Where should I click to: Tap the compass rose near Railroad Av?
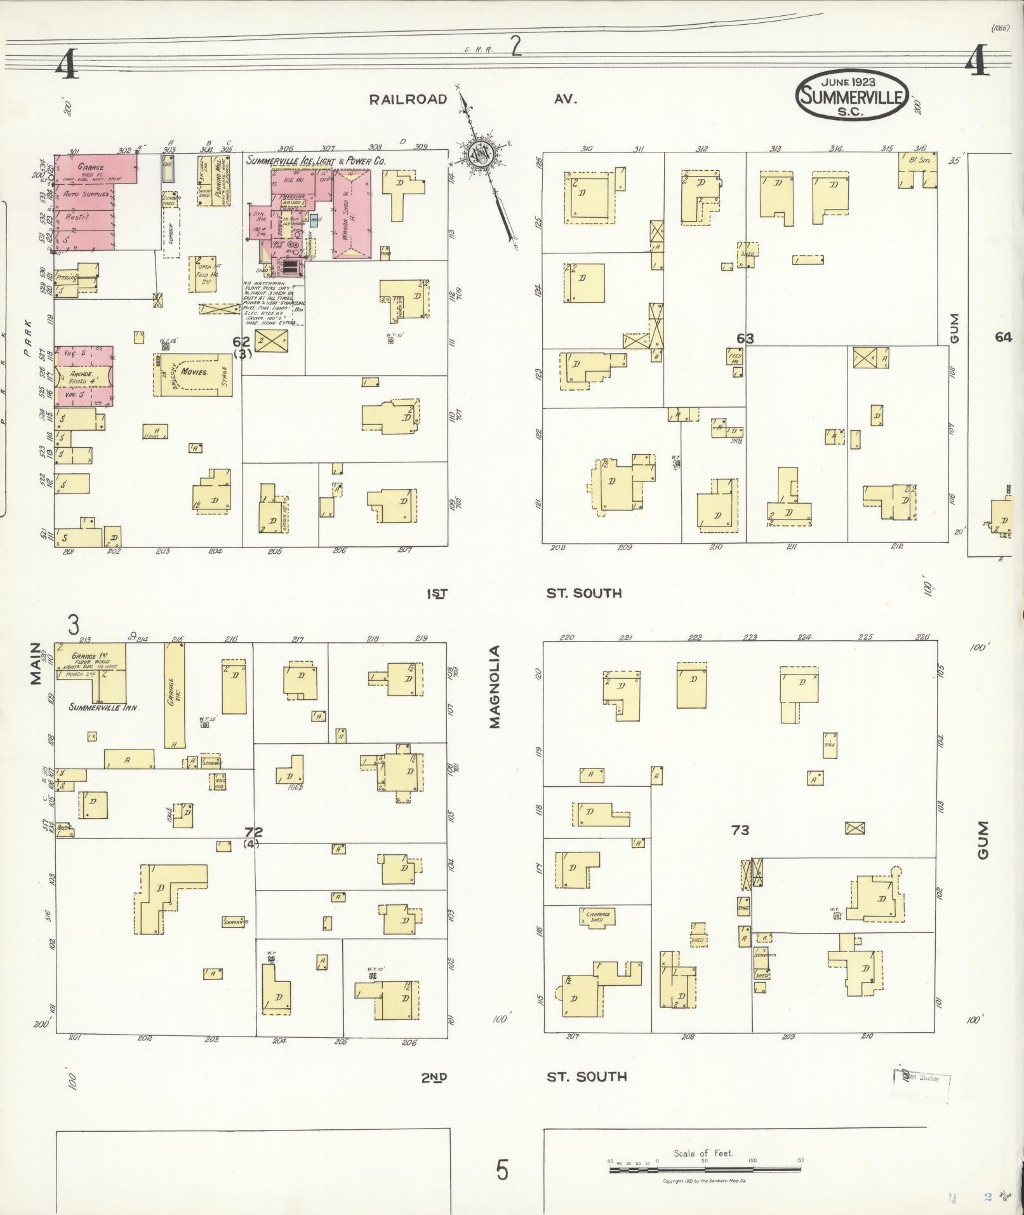[479, 154]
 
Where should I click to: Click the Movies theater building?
[194, 372]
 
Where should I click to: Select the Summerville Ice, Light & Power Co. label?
[316, 161]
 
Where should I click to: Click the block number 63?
[745, 339]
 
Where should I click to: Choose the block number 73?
[740, 829]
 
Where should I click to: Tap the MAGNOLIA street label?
[495, 686]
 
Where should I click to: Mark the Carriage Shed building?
[597, 916]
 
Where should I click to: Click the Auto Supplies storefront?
[86, 194]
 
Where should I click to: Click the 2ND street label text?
[434, 1077]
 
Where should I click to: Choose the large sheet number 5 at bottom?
[502, 1170]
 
